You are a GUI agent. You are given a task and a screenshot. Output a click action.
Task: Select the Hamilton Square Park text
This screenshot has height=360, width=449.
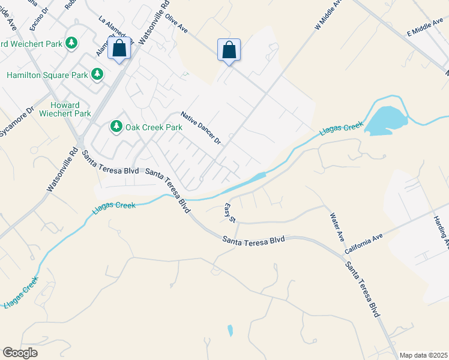tap(46, 75)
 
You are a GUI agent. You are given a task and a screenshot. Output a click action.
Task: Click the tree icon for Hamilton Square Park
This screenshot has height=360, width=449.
tap(97, 74)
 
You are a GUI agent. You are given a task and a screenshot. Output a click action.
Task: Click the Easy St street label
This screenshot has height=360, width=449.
tap(229, 212)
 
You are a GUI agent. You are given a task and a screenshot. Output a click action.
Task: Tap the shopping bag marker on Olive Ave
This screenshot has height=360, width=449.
tap(229, 50)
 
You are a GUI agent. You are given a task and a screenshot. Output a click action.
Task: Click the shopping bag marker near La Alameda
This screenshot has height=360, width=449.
tap(119, 48)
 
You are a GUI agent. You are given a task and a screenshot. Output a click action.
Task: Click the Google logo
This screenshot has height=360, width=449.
tap(20, 353)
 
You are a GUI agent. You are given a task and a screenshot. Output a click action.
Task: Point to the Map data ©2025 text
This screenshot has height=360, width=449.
tap(423, 355)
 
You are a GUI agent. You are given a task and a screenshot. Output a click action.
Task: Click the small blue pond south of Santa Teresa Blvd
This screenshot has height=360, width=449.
tap(230, 330)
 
